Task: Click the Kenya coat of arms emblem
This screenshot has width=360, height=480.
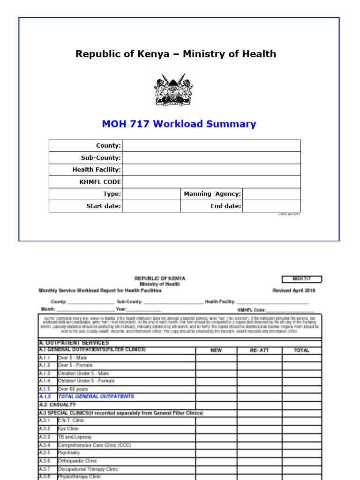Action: pos(173,90)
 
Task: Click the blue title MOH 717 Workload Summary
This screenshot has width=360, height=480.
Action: pos(179,124)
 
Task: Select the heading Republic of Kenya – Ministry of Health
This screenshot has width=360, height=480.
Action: pos(176,54)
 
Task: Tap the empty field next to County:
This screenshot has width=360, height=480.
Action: pos(211,146)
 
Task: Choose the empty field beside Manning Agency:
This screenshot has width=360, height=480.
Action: pos(271,194)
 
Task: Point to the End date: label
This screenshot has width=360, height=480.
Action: pos(226,206)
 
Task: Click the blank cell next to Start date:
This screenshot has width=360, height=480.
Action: pos(151,206)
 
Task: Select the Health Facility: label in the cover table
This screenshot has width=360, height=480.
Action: pos(97,170)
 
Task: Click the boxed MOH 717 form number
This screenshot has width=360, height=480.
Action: pos(302,279)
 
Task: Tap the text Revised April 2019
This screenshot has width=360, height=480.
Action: pos(294,291)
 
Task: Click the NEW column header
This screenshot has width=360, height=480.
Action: pos(216,351)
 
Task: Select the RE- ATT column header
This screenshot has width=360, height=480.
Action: pos(259,351)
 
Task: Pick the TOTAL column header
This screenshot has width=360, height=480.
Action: pos(301,351)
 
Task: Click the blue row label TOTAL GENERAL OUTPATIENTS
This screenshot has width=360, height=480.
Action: pos(96,397)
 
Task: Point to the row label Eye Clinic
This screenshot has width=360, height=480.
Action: pos(68,429)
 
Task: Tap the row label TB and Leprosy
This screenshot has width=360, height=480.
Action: pos(75,437)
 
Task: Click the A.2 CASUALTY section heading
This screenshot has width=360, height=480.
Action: pos(57,405)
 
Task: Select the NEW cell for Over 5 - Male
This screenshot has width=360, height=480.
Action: pos(216,358)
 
